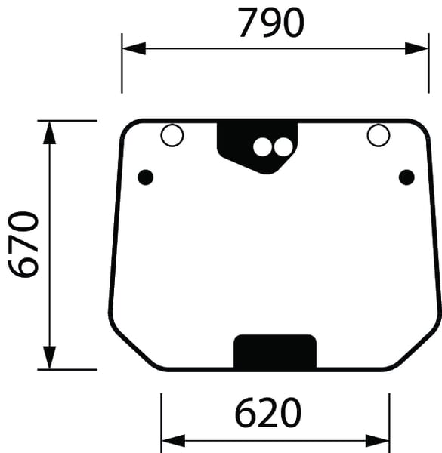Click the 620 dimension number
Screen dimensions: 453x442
coord(267,413)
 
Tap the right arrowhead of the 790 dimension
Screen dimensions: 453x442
coord(417,48)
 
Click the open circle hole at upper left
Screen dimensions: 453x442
coord(172,136)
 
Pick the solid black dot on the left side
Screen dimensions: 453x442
coord(146,177)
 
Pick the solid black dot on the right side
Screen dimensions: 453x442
coord(406,177)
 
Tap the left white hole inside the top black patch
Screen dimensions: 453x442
coord(262,146)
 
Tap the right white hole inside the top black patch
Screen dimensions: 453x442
coord(282,146)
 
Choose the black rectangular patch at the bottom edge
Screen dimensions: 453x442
coord(275,352)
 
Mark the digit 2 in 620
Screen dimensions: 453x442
coord(267,413)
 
